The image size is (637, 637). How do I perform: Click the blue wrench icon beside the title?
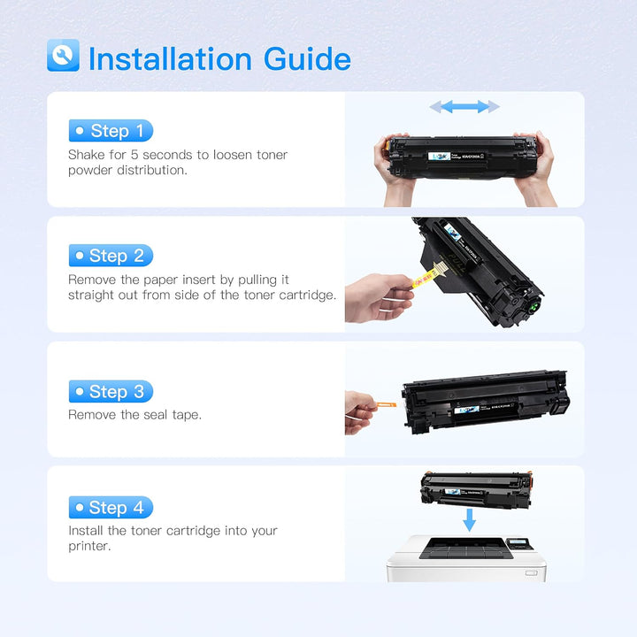(x=63, y=56)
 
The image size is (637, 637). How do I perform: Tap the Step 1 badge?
(x=111, y=131)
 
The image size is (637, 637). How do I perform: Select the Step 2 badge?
(x=111, y=256)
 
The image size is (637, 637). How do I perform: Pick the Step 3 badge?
(x=111, y=391)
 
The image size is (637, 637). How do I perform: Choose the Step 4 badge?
(x=111, y=507)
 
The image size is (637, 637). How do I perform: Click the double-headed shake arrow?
(x=464, y=107)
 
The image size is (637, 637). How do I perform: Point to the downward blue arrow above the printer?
(x=469, y=519)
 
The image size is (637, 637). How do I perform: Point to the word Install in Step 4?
(x=87, y=531)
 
